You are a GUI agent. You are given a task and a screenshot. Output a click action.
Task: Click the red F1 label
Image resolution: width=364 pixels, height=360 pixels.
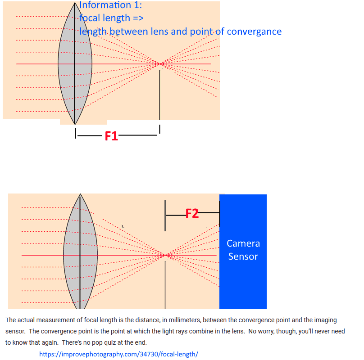point(111,136)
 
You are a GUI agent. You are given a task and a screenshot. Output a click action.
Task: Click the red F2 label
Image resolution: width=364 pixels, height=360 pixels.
point(192,213)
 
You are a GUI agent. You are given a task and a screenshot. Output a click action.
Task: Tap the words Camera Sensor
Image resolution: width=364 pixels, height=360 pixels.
point(243,250)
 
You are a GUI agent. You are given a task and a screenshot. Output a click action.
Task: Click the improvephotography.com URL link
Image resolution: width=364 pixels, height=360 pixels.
point(118,354)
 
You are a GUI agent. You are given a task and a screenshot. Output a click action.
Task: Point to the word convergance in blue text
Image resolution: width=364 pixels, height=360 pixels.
point(254,32)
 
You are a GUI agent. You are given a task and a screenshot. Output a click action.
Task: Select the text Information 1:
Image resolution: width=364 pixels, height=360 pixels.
point(110,5)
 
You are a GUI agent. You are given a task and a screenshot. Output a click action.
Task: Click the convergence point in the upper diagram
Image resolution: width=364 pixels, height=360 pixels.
point(160,64)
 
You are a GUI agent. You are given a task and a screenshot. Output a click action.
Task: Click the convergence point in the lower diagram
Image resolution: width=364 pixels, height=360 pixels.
point(165,255)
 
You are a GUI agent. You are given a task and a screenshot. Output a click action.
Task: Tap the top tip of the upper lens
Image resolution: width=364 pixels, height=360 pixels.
point(75,3)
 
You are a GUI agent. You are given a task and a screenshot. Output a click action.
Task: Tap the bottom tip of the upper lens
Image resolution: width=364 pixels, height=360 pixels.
point(75,124)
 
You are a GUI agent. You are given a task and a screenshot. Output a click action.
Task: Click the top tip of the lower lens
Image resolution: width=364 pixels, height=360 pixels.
point(80,194)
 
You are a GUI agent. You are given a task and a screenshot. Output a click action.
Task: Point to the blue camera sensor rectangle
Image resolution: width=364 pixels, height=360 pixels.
point(243,252)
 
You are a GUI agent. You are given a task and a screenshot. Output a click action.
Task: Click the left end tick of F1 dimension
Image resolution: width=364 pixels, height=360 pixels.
point(75,133)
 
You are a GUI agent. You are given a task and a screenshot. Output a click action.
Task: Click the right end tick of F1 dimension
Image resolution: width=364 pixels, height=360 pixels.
point(160,129)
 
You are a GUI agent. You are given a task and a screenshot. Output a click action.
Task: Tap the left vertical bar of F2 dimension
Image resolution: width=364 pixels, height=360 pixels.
point(165,216)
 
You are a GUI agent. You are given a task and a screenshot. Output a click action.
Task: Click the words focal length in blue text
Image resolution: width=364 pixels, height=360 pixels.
point(105,18)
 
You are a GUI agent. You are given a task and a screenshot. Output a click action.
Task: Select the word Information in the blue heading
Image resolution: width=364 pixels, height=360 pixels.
point(105,5)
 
